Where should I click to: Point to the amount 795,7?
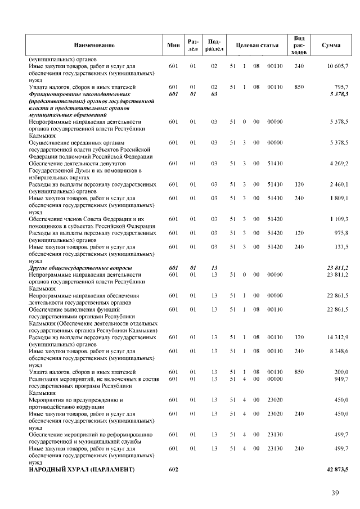[x=340, y=87]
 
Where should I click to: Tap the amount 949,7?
[x=340, y=379]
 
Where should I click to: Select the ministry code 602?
[x=173, y=469]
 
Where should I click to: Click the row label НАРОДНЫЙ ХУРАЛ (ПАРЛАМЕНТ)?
[x=82, y=469]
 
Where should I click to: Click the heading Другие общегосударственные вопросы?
[x=80, y=268]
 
